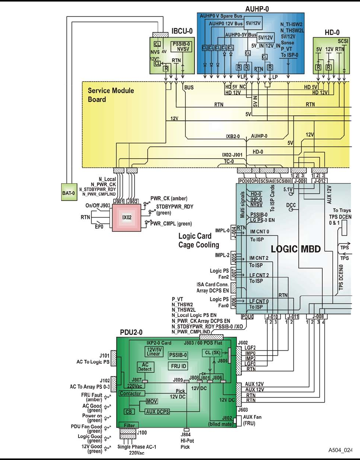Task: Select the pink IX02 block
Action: click(127, 217)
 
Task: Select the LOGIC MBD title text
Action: click(296, 249)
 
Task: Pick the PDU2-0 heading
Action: click(132, 332)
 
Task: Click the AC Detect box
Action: click(145, 367)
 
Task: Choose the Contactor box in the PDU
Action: click(132, 393)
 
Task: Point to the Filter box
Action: click(128, 425)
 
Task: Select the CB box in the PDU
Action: click(128, 411)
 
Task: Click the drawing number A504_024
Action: click(340, 449)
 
